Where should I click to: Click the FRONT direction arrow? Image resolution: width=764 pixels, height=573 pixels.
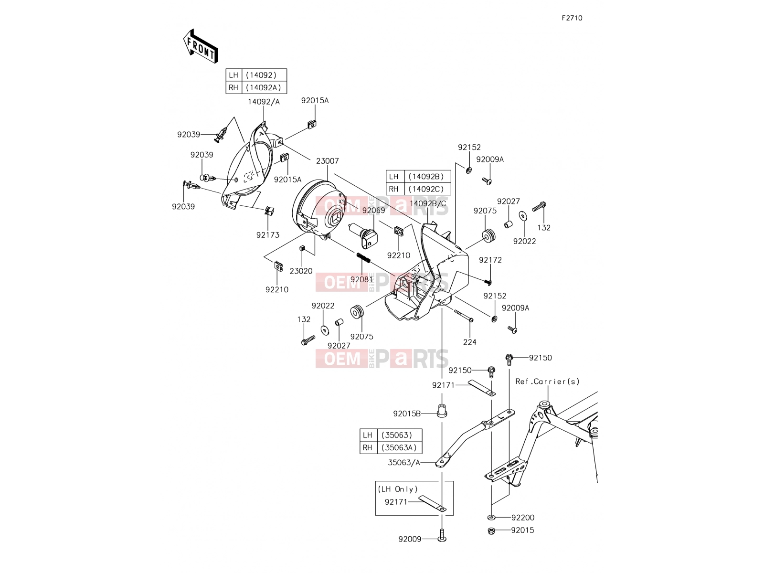point(201,46)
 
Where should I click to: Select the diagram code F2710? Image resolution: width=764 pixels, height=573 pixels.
point(572,18)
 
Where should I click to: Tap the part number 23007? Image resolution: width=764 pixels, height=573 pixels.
point(327,161)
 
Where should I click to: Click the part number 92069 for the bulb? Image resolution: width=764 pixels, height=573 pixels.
point(373,211)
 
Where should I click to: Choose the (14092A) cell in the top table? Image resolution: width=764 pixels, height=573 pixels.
point(264,87)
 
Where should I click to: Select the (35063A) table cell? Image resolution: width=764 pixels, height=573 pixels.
point(399,447)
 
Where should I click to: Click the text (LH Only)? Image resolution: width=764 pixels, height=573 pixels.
point(397,489)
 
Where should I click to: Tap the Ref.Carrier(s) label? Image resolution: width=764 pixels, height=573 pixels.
point(547,382)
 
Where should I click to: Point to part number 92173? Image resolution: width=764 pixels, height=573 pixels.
point(268,235)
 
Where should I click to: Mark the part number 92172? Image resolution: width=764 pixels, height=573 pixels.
point(490,260)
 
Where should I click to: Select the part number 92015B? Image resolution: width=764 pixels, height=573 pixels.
point(407,414)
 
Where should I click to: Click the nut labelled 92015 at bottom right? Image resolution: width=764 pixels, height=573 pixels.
point(491,531)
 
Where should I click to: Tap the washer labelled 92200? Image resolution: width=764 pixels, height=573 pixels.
point(491,518)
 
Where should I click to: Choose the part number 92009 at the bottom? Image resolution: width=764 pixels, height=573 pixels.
point(410,539)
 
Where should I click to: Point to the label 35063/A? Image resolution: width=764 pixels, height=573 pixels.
point(404,462)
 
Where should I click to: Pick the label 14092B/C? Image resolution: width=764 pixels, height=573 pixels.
point(427,203)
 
